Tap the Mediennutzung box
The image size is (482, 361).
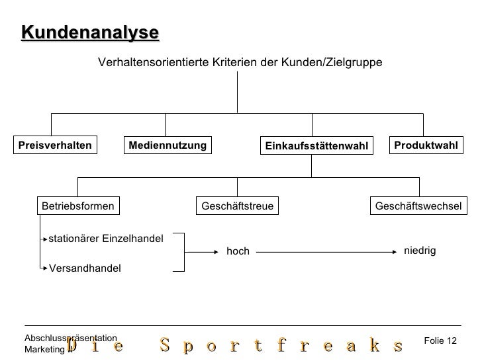pos(168,145)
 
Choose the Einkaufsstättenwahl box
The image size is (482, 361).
pos(316,145)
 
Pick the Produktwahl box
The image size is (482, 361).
pos(426,145)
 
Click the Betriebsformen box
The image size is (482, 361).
pos(78,206)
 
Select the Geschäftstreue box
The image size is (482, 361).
pos(237,206)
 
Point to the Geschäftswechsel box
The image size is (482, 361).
pos(418,206)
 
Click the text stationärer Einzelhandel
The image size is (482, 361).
pos(106,238)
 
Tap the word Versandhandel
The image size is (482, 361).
pos(85,268)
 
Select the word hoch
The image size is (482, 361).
pos(238,252)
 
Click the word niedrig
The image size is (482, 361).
pos(420,251)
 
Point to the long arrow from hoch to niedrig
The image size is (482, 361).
pos(324,251)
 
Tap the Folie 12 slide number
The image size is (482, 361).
pos(440,341)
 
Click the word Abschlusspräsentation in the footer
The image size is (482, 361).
pos(70,338)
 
